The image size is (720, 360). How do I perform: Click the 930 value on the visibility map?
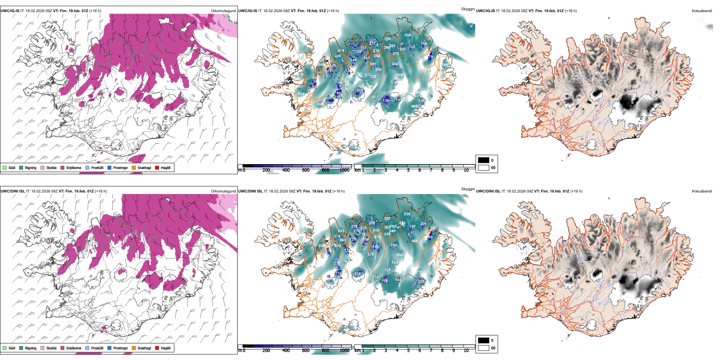399,75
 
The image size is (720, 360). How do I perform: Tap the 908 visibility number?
414,106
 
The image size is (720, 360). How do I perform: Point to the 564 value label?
301,94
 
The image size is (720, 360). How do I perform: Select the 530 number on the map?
407,35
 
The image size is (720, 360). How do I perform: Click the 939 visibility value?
387,234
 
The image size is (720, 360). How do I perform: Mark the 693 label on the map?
341,231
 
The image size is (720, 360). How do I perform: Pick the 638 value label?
407,214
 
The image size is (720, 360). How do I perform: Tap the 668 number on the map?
415,241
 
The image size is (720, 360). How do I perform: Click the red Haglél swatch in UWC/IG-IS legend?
157,167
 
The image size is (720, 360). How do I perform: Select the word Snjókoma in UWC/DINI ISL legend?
74,348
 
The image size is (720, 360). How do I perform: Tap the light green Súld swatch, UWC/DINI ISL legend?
5,348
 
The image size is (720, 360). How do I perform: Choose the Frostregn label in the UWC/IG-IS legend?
121,167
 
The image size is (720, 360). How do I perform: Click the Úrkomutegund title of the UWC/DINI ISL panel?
223,191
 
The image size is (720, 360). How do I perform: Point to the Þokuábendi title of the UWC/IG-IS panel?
702,11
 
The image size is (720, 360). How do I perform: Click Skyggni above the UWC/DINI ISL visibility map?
468,189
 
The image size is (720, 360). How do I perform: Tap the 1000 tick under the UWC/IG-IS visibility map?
344,170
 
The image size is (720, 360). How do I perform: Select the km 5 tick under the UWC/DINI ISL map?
408,351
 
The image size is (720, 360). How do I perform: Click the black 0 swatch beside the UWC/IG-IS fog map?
484,160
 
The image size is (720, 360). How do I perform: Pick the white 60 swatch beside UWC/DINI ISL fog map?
484,348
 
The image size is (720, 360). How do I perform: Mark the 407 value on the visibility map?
375,97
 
